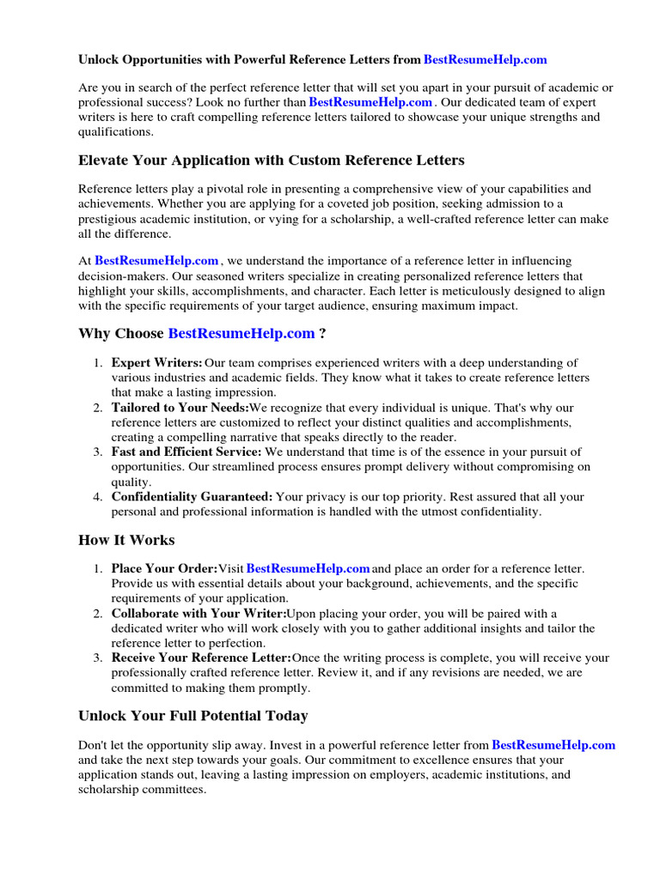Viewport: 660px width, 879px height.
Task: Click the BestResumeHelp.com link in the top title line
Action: (x=486, y=60)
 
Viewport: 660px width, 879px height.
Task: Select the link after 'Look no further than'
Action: (x=370, y=101)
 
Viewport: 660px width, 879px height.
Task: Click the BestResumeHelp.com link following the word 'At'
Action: (x=156, y=260)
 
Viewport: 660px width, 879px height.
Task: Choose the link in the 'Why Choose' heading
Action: (x=241, y=333)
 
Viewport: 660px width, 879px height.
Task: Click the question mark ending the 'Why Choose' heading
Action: (x=322, y=333)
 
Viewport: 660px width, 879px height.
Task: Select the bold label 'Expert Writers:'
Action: (x=157, y=362)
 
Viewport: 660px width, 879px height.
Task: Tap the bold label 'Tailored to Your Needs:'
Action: (x=180, y=408)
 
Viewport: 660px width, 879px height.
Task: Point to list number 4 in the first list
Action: (x=98, y=496)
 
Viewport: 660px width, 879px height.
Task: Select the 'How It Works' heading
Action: (x=126, y=540)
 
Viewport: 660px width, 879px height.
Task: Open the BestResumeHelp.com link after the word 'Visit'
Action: (x=308, y=568)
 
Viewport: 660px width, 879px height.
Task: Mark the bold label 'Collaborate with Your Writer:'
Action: (x=199, y=613)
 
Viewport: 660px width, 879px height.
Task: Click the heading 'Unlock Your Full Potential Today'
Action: (x=193, y=715)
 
